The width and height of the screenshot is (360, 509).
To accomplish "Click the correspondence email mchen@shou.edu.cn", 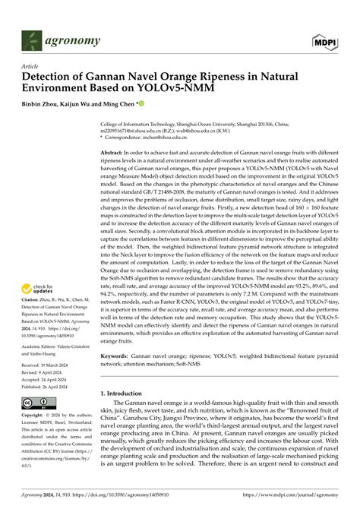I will pos(153,138).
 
